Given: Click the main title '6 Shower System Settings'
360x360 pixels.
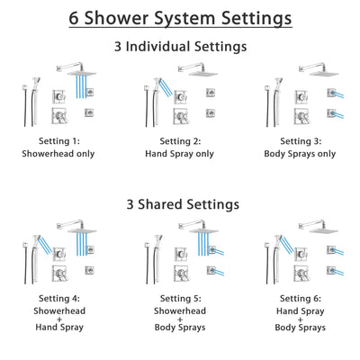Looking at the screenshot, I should coord(180,17).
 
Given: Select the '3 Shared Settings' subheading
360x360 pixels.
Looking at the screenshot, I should coord(180,204).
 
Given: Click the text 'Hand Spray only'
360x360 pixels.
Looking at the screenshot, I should coord(180,154).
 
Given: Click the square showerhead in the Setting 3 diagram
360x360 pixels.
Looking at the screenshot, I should coord(321,69).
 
